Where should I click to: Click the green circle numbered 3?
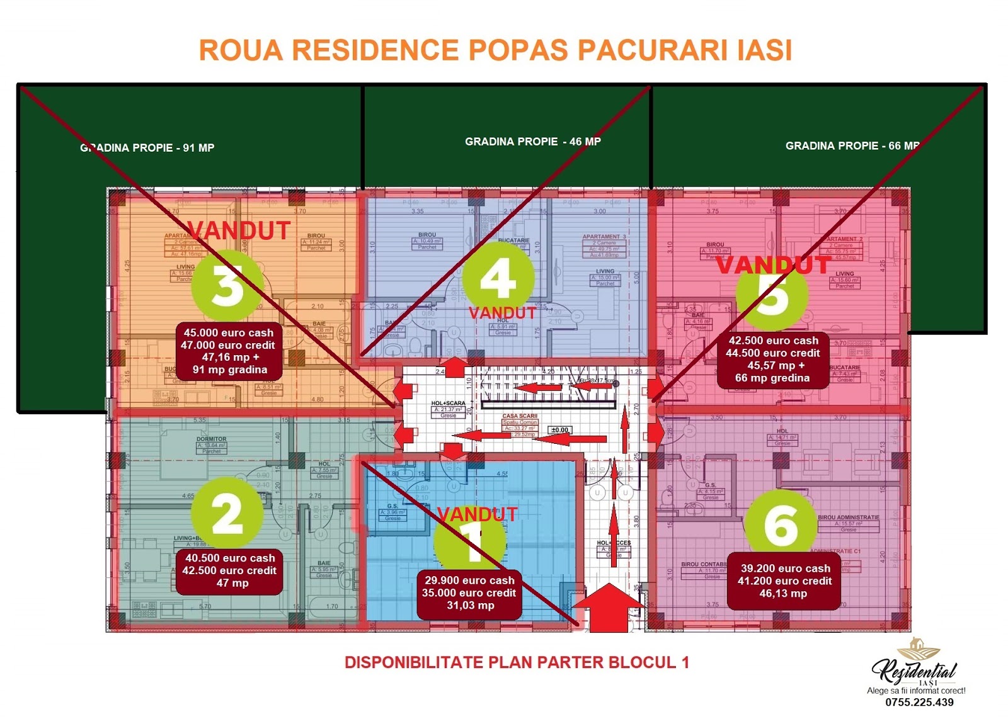click(x=227, y=286)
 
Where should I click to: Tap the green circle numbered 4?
click(x=498, y=278)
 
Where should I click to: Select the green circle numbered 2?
click(x=227, y=513)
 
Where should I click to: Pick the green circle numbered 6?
click(x=781, y=526)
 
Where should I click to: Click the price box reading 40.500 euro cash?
click(x=229, y=570)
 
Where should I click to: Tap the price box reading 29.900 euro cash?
click(x=469, y=593)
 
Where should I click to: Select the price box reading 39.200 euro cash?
click(x=784, y=581)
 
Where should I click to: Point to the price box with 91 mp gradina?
click(x=228, y=351)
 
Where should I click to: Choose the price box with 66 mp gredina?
click(x=773, y=359)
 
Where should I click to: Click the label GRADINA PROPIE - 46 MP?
click(x=533, y=142)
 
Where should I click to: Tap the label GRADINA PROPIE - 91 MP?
click(x=147, y=148)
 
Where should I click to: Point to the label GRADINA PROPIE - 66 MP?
click(x=852, y=146)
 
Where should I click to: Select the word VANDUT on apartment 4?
click(x=503, y=313)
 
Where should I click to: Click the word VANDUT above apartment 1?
click(x=478, y=514)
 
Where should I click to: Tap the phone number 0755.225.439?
click(x=919, y=702)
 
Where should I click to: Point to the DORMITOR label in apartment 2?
click(x=211, y=439)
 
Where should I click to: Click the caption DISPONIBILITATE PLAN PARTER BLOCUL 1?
click(x=517, y=662)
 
